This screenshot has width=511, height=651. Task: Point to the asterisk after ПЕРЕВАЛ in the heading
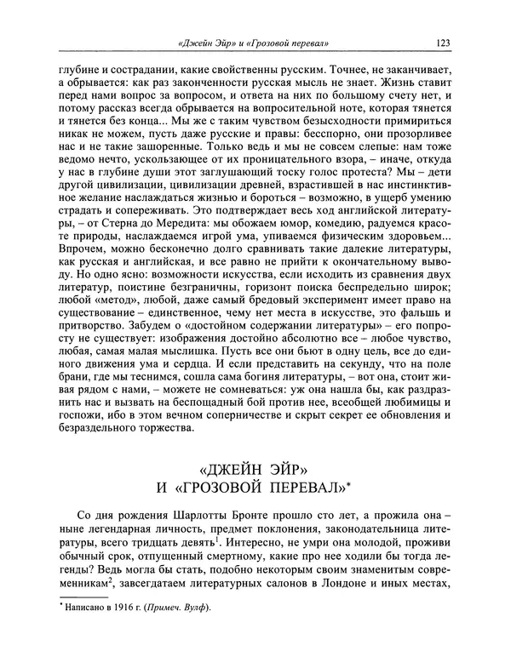point(355,482)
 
